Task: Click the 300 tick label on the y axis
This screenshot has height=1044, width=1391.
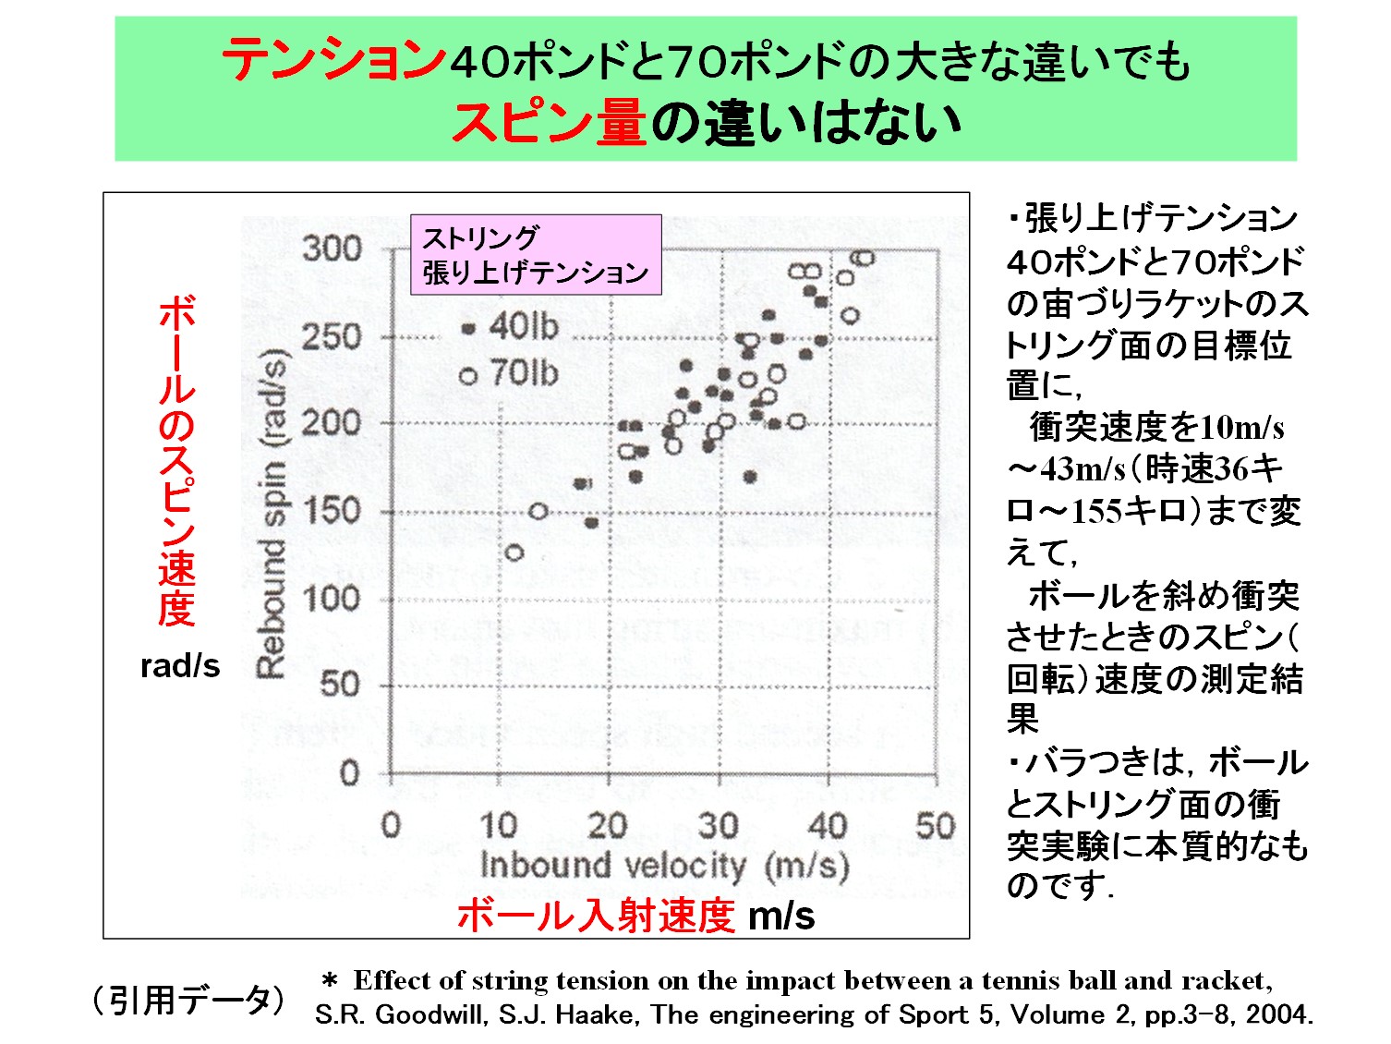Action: point(332,249)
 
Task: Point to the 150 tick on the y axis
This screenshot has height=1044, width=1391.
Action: point(332,511)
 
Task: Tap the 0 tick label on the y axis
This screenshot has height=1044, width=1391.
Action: point(349,772)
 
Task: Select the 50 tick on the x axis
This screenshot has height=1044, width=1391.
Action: point(935,825)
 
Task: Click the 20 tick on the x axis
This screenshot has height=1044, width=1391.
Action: point(608,825)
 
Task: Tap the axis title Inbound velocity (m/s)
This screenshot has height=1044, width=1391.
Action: point(664,866)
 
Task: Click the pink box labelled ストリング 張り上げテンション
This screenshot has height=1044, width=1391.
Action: point(536,255)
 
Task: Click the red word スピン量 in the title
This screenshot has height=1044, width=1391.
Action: point(549,123)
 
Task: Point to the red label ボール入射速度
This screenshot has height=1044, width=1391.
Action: point(596,916)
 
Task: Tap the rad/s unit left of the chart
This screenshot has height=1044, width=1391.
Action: point(180,666)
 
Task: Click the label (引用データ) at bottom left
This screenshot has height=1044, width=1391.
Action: point(188,1001)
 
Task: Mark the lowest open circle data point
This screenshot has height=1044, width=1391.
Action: point(514,552)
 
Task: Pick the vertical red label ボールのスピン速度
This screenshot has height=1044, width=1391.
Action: point(176,462)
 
